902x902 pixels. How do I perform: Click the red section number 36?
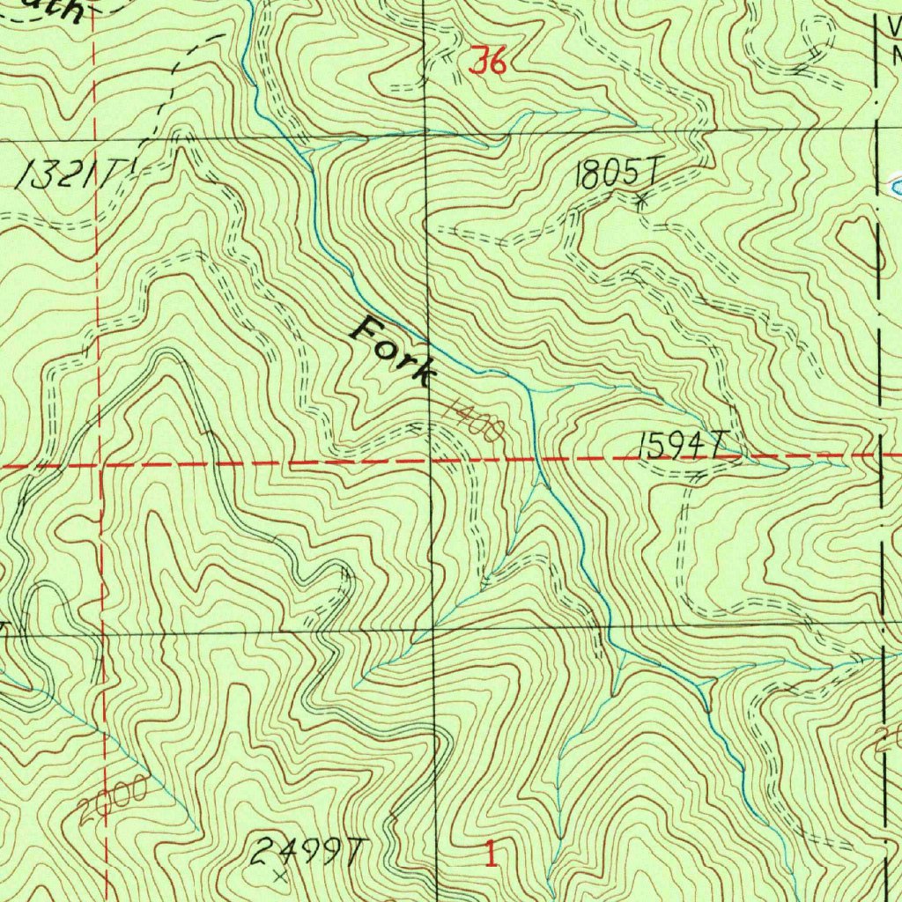pyautogui.click(x=488, y=62)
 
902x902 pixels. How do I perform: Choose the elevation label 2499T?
pyautogui.click(x=307, y=852)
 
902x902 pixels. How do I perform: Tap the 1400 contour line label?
pyautogui.click(x=473, y=420)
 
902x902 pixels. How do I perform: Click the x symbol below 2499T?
pyautogui.click(x=280, y=876)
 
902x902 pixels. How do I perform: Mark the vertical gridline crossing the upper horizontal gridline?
pyautogui.click(x=425, y=134)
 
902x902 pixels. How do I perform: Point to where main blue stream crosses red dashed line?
pyautogui.click(x=536, y=458)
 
